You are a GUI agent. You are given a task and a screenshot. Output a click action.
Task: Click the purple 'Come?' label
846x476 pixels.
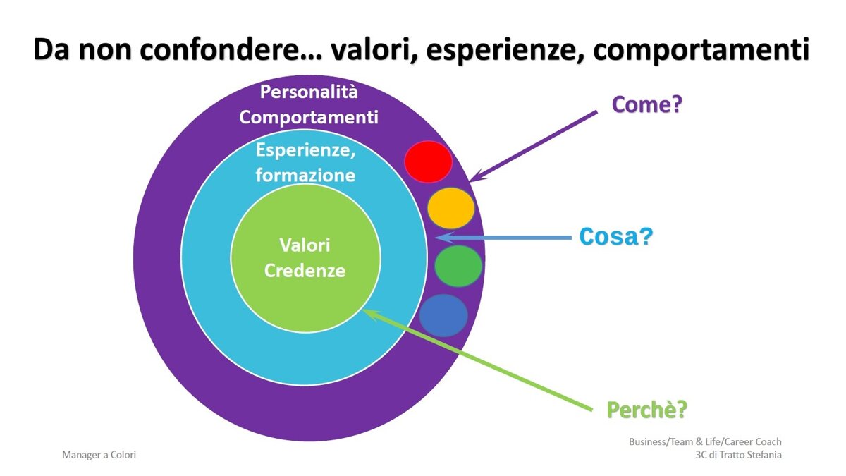click(x=649, y=105)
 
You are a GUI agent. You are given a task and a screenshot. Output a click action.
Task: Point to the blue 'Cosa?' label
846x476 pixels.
click(x=615, y=237)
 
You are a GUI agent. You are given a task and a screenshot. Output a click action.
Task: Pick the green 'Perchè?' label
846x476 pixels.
click(x=647, y=409)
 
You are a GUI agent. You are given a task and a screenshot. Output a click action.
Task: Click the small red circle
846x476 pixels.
click(x=428, y=161)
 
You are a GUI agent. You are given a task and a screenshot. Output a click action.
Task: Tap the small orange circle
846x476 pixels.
click(x=450, y=208)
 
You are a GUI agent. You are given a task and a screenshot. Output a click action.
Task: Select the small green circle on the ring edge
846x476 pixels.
click(x=458, y=266)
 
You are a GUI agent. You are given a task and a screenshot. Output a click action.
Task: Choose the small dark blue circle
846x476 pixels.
click(x=443, y=315)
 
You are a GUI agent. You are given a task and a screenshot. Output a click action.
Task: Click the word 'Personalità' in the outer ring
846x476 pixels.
click(x=309, y=92)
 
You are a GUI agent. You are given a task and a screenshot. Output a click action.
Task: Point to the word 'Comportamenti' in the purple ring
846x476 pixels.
click(x=309, y=117)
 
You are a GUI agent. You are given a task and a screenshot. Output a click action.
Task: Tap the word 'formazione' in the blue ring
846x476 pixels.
click(x=305, y=175)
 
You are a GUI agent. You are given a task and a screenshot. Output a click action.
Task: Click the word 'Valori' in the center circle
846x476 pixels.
click(x=305, y=245)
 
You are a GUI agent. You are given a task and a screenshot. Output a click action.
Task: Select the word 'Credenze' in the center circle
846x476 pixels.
click(x=305, y=271)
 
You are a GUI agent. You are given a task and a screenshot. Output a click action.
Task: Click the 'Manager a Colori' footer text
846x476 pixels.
click(x=99, y=456)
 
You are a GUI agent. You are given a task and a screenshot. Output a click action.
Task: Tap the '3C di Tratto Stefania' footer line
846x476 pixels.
click(x=738, y=455)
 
